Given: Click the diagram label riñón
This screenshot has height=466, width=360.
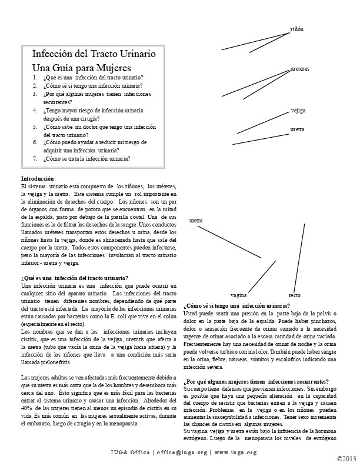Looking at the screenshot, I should [x=297, y=29].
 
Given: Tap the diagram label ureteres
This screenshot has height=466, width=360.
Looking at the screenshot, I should [x=299, y=69].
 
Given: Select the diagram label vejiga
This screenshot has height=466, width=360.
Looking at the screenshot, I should [x=298, y=111].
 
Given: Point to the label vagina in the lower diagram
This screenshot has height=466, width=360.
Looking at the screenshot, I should [x=238, y=294].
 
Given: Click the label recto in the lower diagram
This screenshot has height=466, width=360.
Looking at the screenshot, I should [x=294, y=294].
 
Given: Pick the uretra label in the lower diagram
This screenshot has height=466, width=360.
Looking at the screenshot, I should [x=196, y=221].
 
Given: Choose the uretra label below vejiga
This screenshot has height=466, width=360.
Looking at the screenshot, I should [x=298, y=128].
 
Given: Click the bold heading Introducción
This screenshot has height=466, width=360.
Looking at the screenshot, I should [x=37, y=178].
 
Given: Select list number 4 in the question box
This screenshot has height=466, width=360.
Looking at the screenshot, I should [x=35, y=110].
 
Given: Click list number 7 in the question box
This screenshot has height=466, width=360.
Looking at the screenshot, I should [x=35, y=158].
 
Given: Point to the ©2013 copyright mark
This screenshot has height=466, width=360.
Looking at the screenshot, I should [x=346, y=458].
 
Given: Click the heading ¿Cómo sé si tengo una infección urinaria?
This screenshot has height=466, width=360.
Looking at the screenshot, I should [x=236, y=305].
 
